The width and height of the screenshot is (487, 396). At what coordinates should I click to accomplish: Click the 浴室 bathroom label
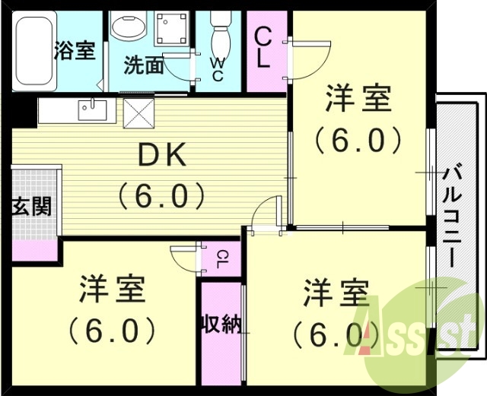(x=74, y=51)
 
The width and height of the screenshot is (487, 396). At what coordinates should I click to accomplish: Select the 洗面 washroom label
(x=144, y=65)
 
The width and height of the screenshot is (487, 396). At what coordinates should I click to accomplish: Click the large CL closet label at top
(x=262, y=48)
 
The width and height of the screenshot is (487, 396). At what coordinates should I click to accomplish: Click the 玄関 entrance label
(x=31, y=205)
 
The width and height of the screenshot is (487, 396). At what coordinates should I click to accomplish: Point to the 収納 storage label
(x=221, y=325)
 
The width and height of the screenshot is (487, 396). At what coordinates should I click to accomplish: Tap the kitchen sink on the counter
(x=94, y=111)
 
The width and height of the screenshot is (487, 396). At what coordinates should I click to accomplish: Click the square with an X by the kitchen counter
(x=138, y=112)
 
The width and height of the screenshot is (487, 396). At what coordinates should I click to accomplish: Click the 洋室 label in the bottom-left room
(x=112, y=290)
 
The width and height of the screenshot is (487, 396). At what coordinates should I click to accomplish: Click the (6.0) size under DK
(x=161, y=197)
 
